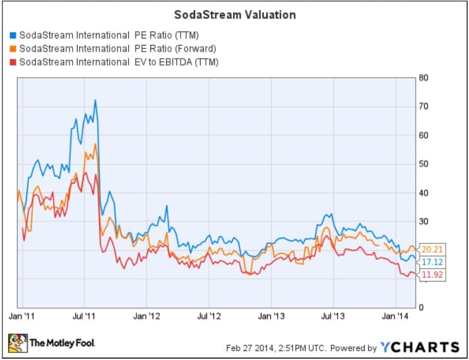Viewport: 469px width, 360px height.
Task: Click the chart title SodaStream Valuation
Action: (x=235, y=14)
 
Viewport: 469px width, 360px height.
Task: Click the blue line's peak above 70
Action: (x=95, y=100)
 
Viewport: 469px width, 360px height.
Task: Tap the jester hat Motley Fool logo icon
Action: (x=17, y=342)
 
